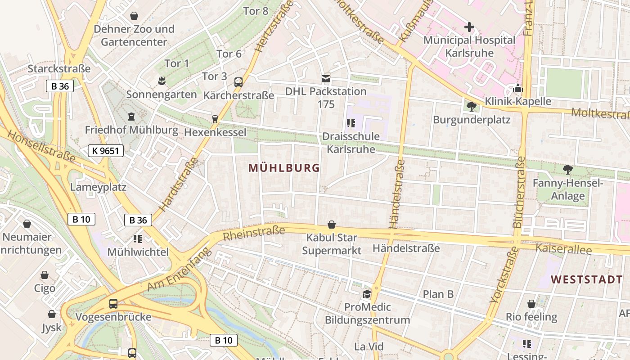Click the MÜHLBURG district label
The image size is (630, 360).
click(x=284, y=168)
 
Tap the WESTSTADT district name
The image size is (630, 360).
click(x=587, y=279)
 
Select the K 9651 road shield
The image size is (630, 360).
click(x=105, y=151)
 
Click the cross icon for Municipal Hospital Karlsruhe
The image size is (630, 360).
click(x=469, y=27)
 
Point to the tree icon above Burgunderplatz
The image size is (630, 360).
click(x=471, y=107)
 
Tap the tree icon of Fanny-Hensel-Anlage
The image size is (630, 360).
click(x=567, y=170)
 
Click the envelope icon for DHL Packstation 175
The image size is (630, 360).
click(x=325, y=79)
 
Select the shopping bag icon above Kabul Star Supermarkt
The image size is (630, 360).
click(x=332, y=225)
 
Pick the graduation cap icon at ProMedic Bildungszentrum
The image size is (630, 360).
click(x=367, y=294)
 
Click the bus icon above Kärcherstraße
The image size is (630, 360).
click(x=238, y=82)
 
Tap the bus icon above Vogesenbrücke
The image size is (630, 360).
click(x=113, y=304)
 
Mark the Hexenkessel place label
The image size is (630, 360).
click(x=215, y=132)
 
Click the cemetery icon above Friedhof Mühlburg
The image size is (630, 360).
click(x=131, y=117)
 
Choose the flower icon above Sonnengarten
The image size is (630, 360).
click(x=161, y=81)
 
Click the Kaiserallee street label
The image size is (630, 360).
click(x=563, y=249)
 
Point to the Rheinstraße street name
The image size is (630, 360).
click(x=254, y=233)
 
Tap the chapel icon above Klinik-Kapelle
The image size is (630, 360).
click(x=517, y=88)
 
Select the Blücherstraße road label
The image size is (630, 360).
click(x=518, y=192)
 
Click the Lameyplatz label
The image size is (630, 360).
click(x=98, y=187)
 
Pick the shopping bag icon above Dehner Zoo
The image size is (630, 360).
click(x=134, y=16)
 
